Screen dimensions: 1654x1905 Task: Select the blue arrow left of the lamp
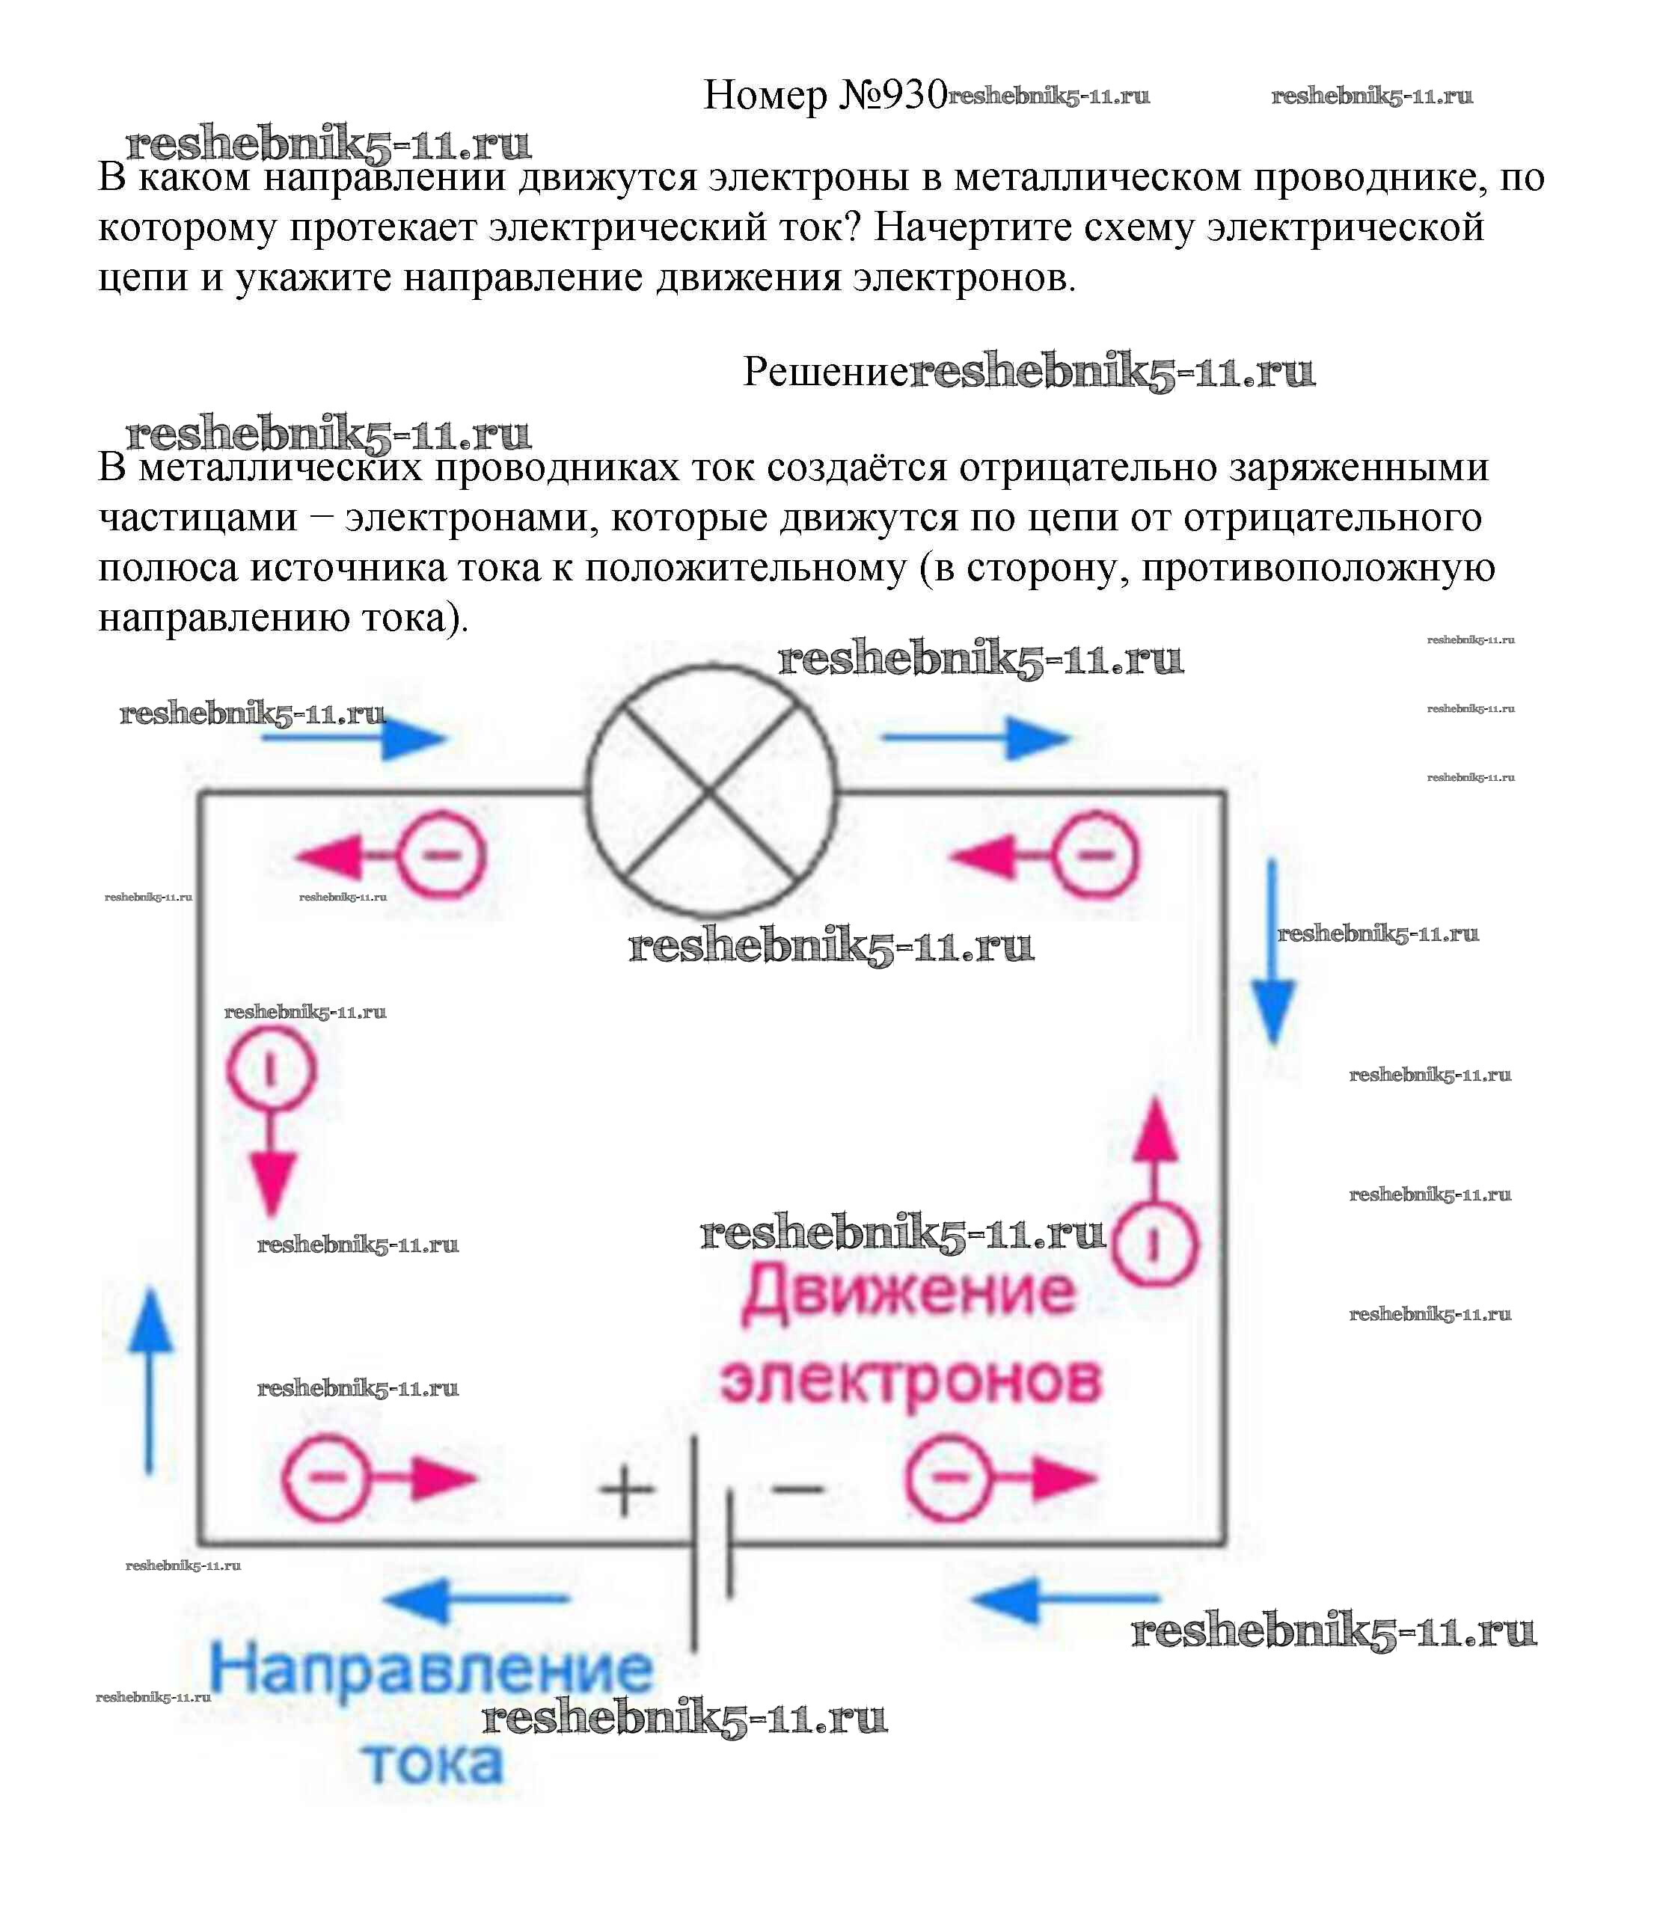pyautogui.click(x=354, y=738)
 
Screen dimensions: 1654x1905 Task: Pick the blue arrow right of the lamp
pyautogui.click(x=976, y=738)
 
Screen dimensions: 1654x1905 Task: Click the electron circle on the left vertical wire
pyautogui.click(x=272, y=1070)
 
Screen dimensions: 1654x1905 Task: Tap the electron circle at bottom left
pyautogui.click(x=325, y=1478)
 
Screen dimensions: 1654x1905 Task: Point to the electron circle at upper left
pyautogui.click(x=441, y=856)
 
